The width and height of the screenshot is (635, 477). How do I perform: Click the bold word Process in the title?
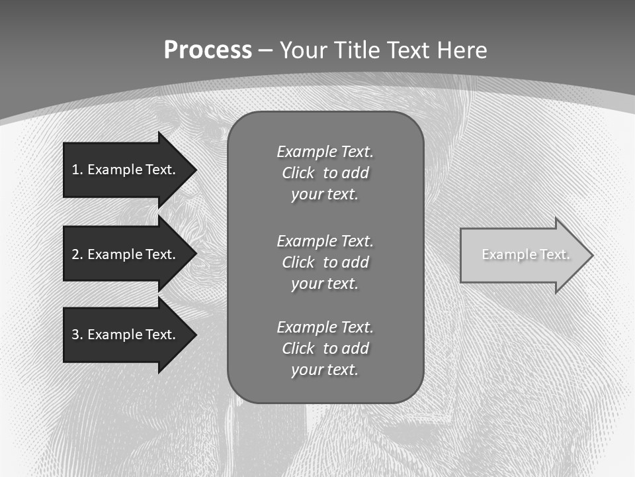208,50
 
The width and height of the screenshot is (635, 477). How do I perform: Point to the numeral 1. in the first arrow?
77,170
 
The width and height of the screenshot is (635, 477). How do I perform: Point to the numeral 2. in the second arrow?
77,254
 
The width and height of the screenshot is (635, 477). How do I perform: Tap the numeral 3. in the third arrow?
77,335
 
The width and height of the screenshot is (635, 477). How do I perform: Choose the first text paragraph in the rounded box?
325,173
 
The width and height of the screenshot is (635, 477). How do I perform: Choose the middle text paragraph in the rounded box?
325,262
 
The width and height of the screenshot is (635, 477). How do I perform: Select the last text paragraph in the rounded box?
325,348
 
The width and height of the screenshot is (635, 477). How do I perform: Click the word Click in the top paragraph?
298,173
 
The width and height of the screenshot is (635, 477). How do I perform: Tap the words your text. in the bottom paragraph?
325,370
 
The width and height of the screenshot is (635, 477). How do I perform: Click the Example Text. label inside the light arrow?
525,254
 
